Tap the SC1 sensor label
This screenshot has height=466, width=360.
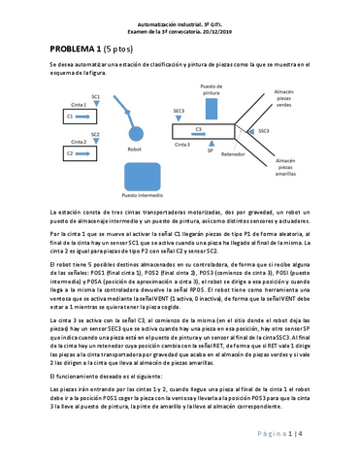(x=95, y=97)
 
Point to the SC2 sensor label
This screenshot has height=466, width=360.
(x=95, y=135)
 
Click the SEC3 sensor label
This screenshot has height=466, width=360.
(x=179, y=112)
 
